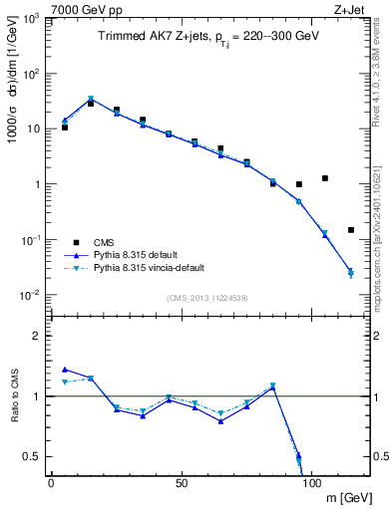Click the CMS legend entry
[105, 242]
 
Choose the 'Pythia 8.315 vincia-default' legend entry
[154, 268]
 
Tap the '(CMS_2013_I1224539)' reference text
[208, 296]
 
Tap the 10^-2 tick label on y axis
[29, 295]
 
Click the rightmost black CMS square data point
[351, 230]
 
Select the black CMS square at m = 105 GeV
[325, 178]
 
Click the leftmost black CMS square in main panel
[64, 127]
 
